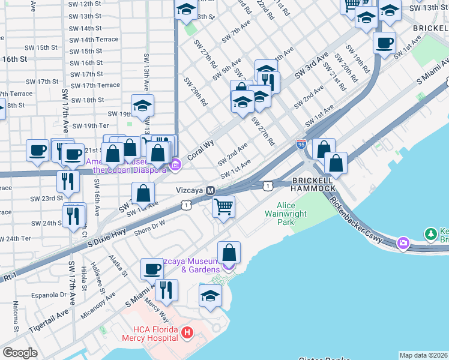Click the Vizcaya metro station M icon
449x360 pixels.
tap(210, 190)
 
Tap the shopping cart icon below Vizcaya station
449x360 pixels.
tap(224, 207)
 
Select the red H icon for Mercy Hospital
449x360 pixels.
tap(187, 332)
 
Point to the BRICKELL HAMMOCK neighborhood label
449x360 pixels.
tap(313, 184)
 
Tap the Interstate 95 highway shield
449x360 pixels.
tap(301, 144)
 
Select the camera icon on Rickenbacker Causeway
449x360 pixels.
tap(403, 243)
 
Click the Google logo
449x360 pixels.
tap(20, 353)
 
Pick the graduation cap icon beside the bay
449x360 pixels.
tap(210, 296)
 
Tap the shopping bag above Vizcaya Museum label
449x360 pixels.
tap(229, 253)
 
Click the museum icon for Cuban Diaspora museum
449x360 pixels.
tap(175, 165)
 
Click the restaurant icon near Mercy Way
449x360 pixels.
tap(166, 290)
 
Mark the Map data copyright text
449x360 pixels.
tap(424, 355)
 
